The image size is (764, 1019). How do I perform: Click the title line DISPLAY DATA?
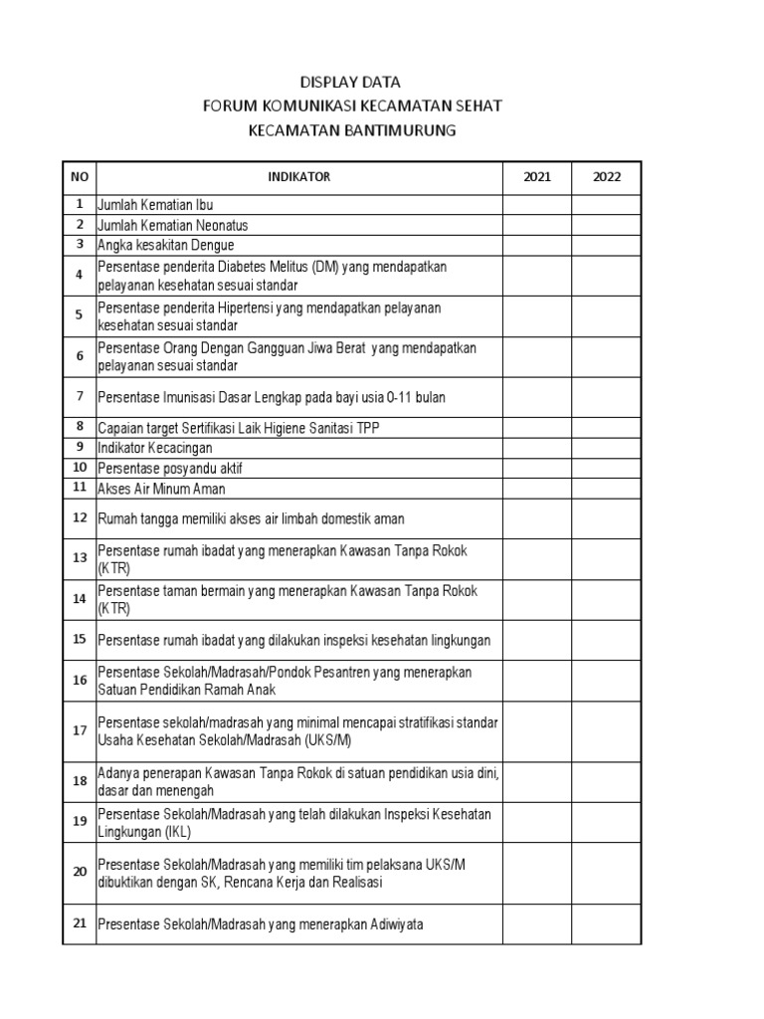coord(350,83)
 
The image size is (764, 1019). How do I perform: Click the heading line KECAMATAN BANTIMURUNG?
coord(350,130)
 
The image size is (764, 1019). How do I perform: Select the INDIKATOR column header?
coord(298,177)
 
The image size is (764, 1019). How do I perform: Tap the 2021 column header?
coord(536,177)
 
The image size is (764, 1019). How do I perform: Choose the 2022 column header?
coord(607,177)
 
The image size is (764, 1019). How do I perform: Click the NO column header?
coord(80,177)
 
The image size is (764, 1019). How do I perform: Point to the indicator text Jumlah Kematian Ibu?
coord(155,205)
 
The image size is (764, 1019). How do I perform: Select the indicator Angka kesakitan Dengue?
coord(165,245)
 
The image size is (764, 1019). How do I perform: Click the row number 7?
coord(80,397)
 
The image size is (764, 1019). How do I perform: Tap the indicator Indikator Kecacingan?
coord(154,448)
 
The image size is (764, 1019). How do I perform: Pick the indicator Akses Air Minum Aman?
coord(161,489)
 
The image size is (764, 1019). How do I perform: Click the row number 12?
coord(80,518)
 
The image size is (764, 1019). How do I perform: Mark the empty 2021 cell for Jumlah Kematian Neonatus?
coord(536,225)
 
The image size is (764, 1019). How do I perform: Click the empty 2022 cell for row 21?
coord(607,924)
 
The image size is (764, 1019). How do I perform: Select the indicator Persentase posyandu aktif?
coord(169,468)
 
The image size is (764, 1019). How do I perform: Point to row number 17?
coord(80,730)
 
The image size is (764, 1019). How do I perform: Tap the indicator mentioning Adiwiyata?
coord(260,924)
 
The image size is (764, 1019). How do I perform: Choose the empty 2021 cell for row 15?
coord(536,640)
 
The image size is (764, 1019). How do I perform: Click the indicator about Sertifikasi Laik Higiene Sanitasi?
coord(238,428)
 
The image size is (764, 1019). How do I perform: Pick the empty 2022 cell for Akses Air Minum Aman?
coord(607,489)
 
